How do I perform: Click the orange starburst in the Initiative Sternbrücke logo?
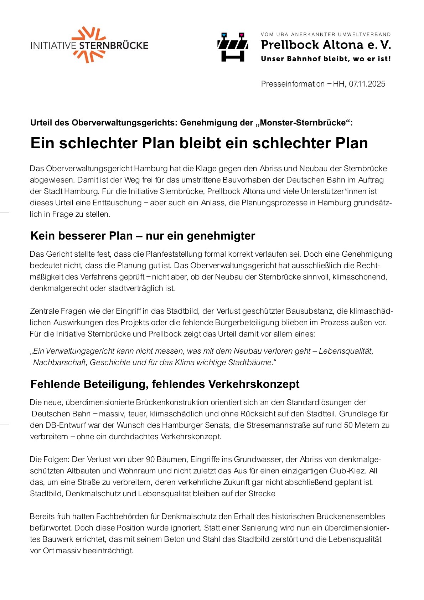pyautogui.click(x=89, y=45)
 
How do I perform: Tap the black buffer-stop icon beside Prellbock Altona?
pyautogui.click(x=233, y=47)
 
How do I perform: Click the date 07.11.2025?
pyautogui.click(x=367, y=84)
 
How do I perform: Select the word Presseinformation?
pyautogui.click(x=293, y=84)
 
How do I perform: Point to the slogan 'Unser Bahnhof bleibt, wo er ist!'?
pyautogui.click(x=326, y=59)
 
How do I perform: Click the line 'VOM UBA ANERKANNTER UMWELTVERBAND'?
pyautogui.click(x=326, y=35)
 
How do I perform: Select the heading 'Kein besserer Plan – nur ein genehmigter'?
pyautogui.click(x=143, y=236)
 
